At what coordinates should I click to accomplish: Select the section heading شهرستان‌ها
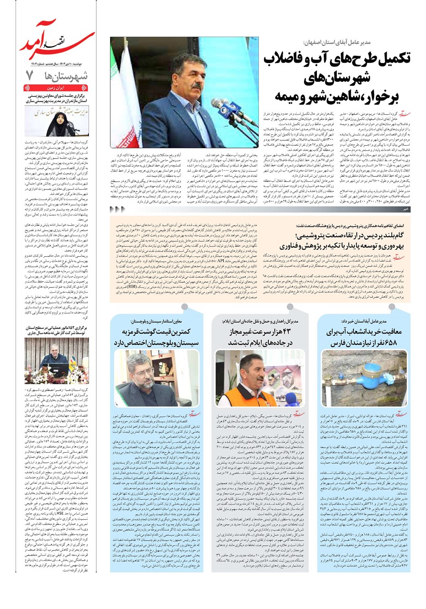click(x=64, y=76)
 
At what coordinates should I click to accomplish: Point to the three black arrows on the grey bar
click(x=117, y=209)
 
